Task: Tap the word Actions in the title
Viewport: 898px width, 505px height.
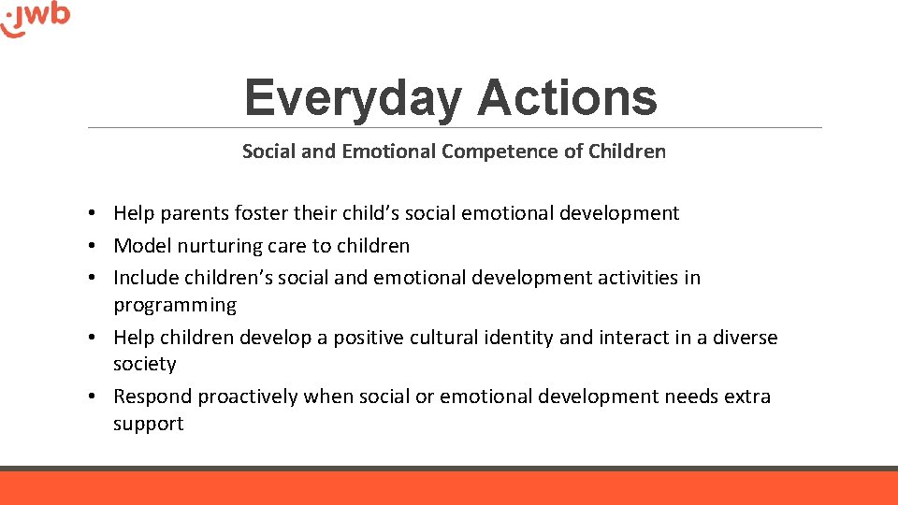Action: coord(567,97)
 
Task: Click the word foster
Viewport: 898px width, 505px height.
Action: coord(261,213)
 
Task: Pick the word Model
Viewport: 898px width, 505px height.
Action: coord(139,246)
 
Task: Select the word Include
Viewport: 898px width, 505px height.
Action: coord(146,278)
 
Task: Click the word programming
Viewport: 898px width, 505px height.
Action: coord(175,306)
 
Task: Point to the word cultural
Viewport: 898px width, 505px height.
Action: coord(444,338)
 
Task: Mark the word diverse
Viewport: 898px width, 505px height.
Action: coord(745,338)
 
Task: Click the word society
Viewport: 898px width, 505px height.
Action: coord(145,365)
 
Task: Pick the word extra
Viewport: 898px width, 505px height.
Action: coord(747,397)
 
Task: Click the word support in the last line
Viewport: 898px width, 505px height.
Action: coord(149,425)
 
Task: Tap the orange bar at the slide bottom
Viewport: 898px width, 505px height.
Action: coord(449,488)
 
